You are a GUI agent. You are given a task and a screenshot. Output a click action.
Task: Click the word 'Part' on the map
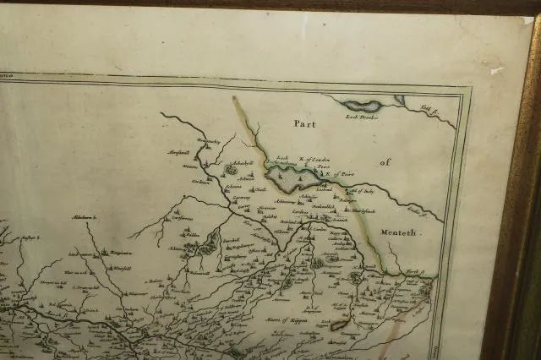309,123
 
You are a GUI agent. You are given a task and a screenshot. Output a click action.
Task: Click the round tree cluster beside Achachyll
230,170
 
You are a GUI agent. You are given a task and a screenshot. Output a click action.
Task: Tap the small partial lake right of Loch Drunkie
399,100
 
